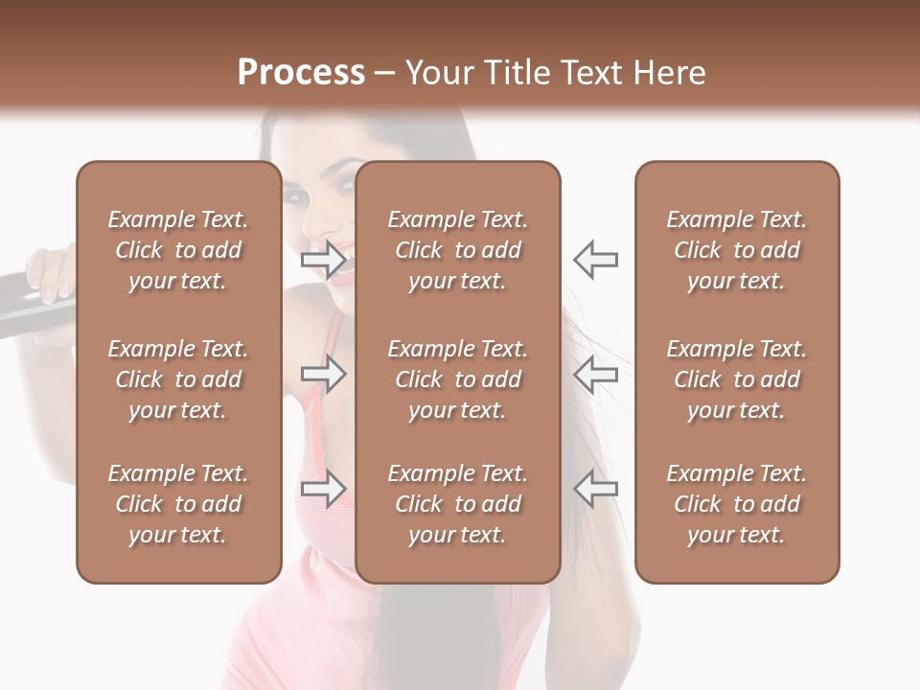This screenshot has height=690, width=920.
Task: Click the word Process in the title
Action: pos(301,73)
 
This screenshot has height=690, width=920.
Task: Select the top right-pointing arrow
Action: pos(324,260)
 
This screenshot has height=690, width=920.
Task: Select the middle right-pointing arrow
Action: pos(324,374)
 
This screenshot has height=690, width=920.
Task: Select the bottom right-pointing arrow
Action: pos(324,489)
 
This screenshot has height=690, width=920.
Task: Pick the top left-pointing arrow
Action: pos(595,260)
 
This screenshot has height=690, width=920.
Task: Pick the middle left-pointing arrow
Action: pos(595,374)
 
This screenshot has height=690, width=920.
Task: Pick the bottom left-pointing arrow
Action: pos(595,489)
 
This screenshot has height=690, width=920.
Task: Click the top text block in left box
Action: pos(178,250)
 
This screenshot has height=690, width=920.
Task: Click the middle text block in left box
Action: pos(178,379)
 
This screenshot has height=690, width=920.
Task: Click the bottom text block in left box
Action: pos(178,504)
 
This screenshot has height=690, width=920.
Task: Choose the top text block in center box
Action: pos(457,250)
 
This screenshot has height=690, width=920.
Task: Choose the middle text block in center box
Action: pos(457,379)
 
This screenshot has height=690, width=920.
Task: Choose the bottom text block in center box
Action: pos(457,504)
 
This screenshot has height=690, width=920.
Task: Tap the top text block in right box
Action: pos(736,250)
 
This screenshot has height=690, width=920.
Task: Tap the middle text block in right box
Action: pos(736,379)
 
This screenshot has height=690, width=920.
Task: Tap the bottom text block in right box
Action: pos(736,504)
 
